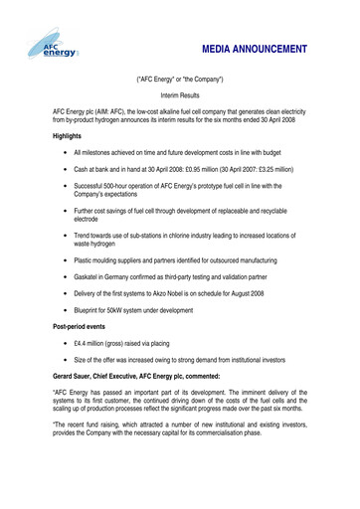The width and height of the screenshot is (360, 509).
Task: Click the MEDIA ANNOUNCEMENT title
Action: tap(255, 49)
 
